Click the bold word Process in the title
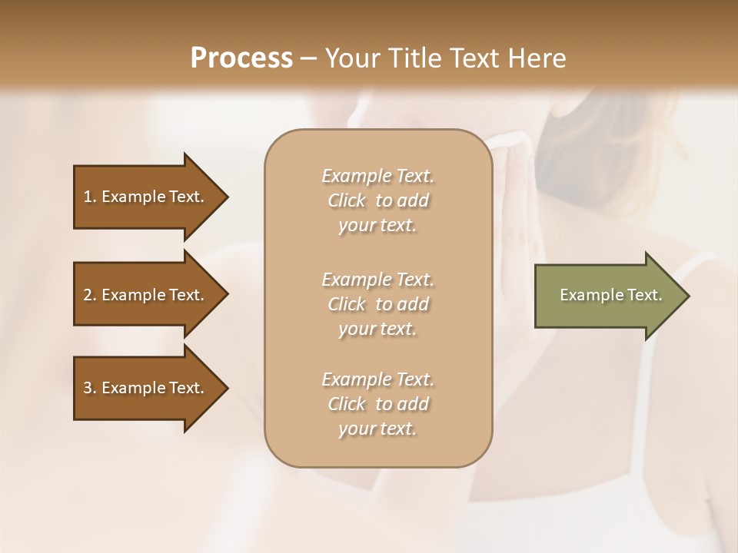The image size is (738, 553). [x=241, y=58]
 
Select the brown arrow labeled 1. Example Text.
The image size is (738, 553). [x=146, y=197]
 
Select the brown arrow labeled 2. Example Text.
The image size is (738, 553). [x=146, y=295]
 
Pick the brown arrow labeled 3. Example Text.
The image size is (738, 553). [x=146, y=388]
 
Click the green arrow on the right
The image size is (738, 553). [x=607, y=295]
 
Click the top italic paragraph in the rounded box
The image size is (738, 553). [x=377, y=200]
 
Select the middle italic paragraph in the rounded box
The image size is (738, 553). [x=377, y=304]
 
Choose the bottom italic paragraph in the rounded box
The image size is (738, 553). [x=377, y=404]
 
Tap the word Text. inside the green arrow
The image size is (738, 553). [x=646, y=295]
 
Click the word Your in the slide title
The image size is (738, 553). [x=351, y=58]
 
